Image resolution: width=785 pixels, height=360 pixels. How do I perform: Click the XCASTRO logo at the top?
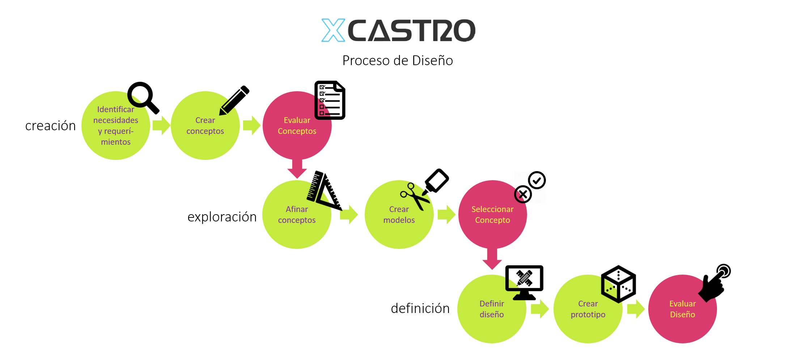[398, 30]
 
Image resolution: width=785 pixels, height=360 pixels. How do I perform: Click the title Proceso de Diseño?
[398, 60]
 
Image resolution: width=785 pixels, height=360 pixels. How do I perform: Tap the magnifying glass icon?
[143, 97]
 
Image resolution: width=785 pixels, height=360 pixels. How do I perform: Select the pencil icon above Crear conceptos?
[234, 100]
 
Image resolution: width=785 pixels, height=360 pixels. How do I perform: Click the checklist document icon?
[330, 100]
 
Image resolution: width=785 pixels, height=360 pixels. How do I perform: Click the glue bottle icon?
[437, 181]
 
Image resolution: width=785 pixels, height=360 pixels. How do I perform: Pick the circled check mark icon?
[537, 180]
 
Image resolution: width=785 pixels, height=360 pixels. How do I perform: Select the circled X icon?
[523, 195]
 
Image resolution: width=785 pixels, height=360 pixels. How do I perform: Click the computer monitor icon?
[524, 282]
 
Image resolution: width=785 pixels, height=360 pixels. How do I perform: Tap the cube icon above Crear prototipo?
[618, 284]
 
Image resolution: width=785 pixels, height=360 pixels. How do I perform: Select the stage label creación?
[51, 126]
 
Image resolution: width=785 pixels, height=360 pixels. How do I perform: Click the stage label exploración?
[222, 217]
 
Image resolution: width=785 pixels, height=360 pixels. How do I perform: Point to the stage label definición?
[420, 308]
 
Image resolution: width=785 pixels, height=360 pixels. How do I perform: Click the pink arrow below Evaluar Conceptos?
[297, 169]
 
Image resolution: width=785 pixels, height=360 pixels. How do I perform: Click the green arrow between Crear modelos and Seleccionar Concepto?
[446, 215]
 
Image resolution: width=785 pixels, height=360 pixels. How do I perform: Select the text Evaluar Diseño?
[682, 309]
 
